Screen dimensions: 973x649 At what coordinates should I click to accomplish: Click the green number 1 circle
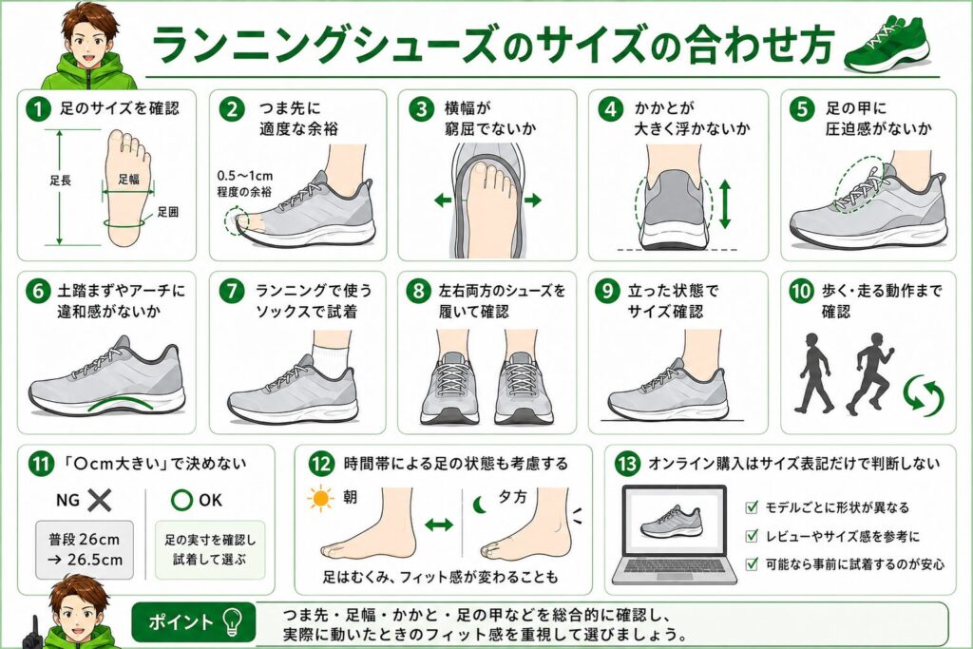pyautogui.click(x=38, y=109)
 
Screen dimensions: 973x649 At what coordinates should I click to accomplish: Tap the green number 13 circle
pyautogui.click(x=627, y=464)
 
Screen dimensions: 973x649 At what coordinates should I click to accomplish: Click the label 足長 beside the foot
pyautogui.click(x=60, y=181)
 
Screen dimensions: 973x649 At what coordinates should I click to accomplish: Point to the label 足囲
pyautogui.click(x=167, y=212)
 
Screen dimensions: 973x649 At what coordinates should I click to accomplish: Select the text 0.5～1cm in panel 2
pyautogui.click(x=245, y=177)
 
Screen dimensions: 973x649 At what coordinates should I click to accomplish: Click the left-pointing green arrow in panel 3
pyautogui.click(x=443, y=200)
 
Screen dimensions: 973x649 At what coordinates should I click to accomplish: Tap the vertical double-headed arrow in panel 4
pyautogui.click(x=724, y=204)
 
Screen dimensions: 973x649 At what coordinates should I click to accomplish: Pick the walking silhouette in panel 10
pyautogui.click(x=814, y=372)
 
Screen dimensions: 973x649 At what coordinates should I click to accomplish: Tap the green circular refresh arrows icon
pyautogui.click(x=923, y=393)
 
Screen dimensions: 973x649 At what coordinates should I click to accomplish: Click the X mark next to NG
pyautogui.click(x=99, y=500)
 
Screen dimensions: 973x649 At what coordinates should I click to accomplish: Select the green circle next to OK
pyautogui.click(x=181, y=500)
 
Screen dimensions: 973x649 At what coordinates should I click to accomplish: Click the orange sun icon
pyautogui.click(x=321, y=500)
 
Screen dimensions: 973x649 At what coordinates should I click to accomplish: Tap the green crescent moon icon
pyautogui.click(x=480, y=506)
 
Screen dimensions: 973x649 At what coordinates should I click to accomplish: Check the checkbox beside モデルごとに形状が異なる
pyautogui.click(x=752, y=506)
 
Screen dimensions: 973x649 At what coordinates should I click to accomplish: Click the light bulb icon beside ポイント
pyautogui.click(x=233, y=621)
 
